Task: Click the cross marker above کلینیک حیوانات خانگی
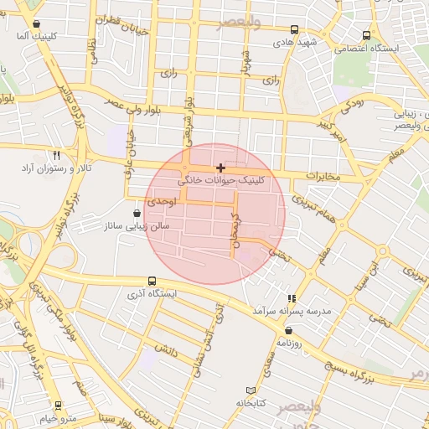tap(220, 168)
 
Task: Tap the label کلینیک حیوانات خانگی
tap(221, 180)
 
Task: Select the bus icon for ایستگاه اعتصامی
tap(366, 36)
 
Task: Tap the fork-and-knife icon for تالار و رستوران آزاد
tap(57, 156)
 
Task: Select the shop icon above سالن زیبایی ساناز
tap(137, 214)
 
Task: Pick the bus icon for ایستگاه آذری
tap(152, 282)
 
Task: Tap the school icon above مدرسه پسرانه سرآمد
tap(292, 298)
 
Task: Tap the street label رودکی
tap(352, 106)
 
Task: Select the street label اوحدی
tap(161, 202)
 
